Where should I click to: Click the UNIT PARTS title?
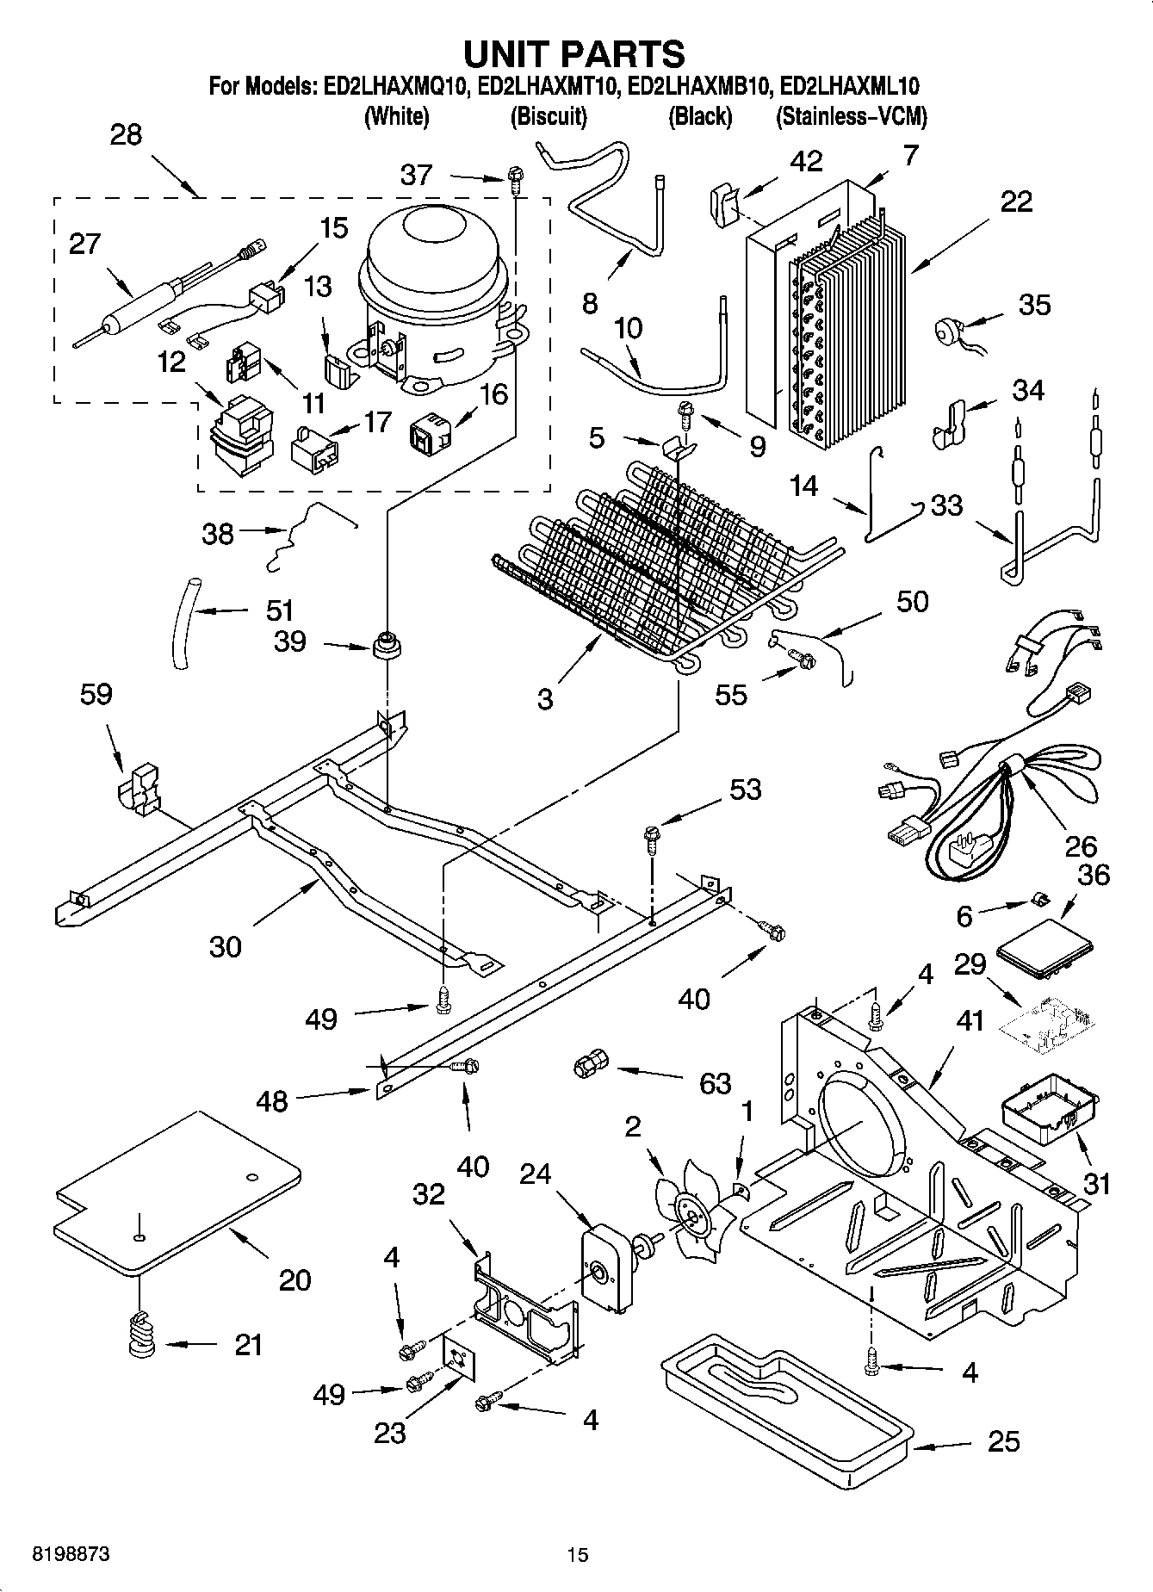[574, 53]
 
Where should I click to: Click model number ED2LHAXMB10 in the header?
[699, 87]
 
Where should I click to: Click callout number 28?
[127, 135]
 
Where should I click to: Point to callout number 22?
[1016, 201]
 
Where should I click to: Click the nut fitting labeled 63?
[588, 1066]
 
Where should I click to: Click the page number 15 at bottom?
[577, 1555]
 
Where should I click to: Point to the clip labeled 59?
[139, 785]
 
